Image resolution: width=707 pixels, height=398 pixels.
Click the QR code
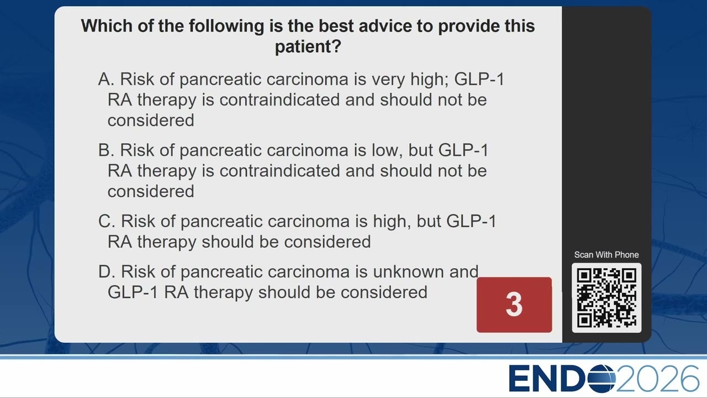606,298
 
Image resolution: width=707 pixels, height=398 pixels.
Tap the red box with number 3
514,305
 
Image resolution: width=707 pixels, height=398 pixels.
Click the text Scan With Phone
606,255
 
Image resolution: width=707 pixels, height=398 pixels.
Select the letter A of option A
105,79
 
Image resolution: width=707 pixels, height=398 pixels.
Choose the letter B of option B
105,150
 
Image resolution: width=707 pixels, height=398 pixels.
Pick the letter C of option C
106,221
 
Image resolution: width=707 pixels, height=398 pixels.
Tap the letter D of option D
106,271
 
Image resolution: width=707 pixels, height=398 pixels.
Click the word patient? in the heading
308,47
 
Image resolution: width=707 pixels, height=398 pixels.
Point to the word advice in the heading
385,25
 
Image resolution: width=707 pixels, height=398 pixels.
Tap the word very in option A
388,80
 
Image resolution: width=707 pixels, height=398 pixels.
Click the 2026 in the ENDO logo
657,379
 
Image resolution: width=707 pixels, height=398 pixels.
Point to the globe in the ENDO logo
602,379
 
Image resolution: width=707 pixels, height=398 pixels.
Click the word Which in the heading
107,25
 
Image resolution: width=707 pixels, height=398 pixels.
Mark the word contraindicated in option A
279,100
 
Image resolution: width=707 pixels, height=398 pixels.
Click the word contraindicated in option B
279,171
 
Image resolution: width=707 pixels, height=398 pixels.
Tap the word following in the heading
226,26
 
